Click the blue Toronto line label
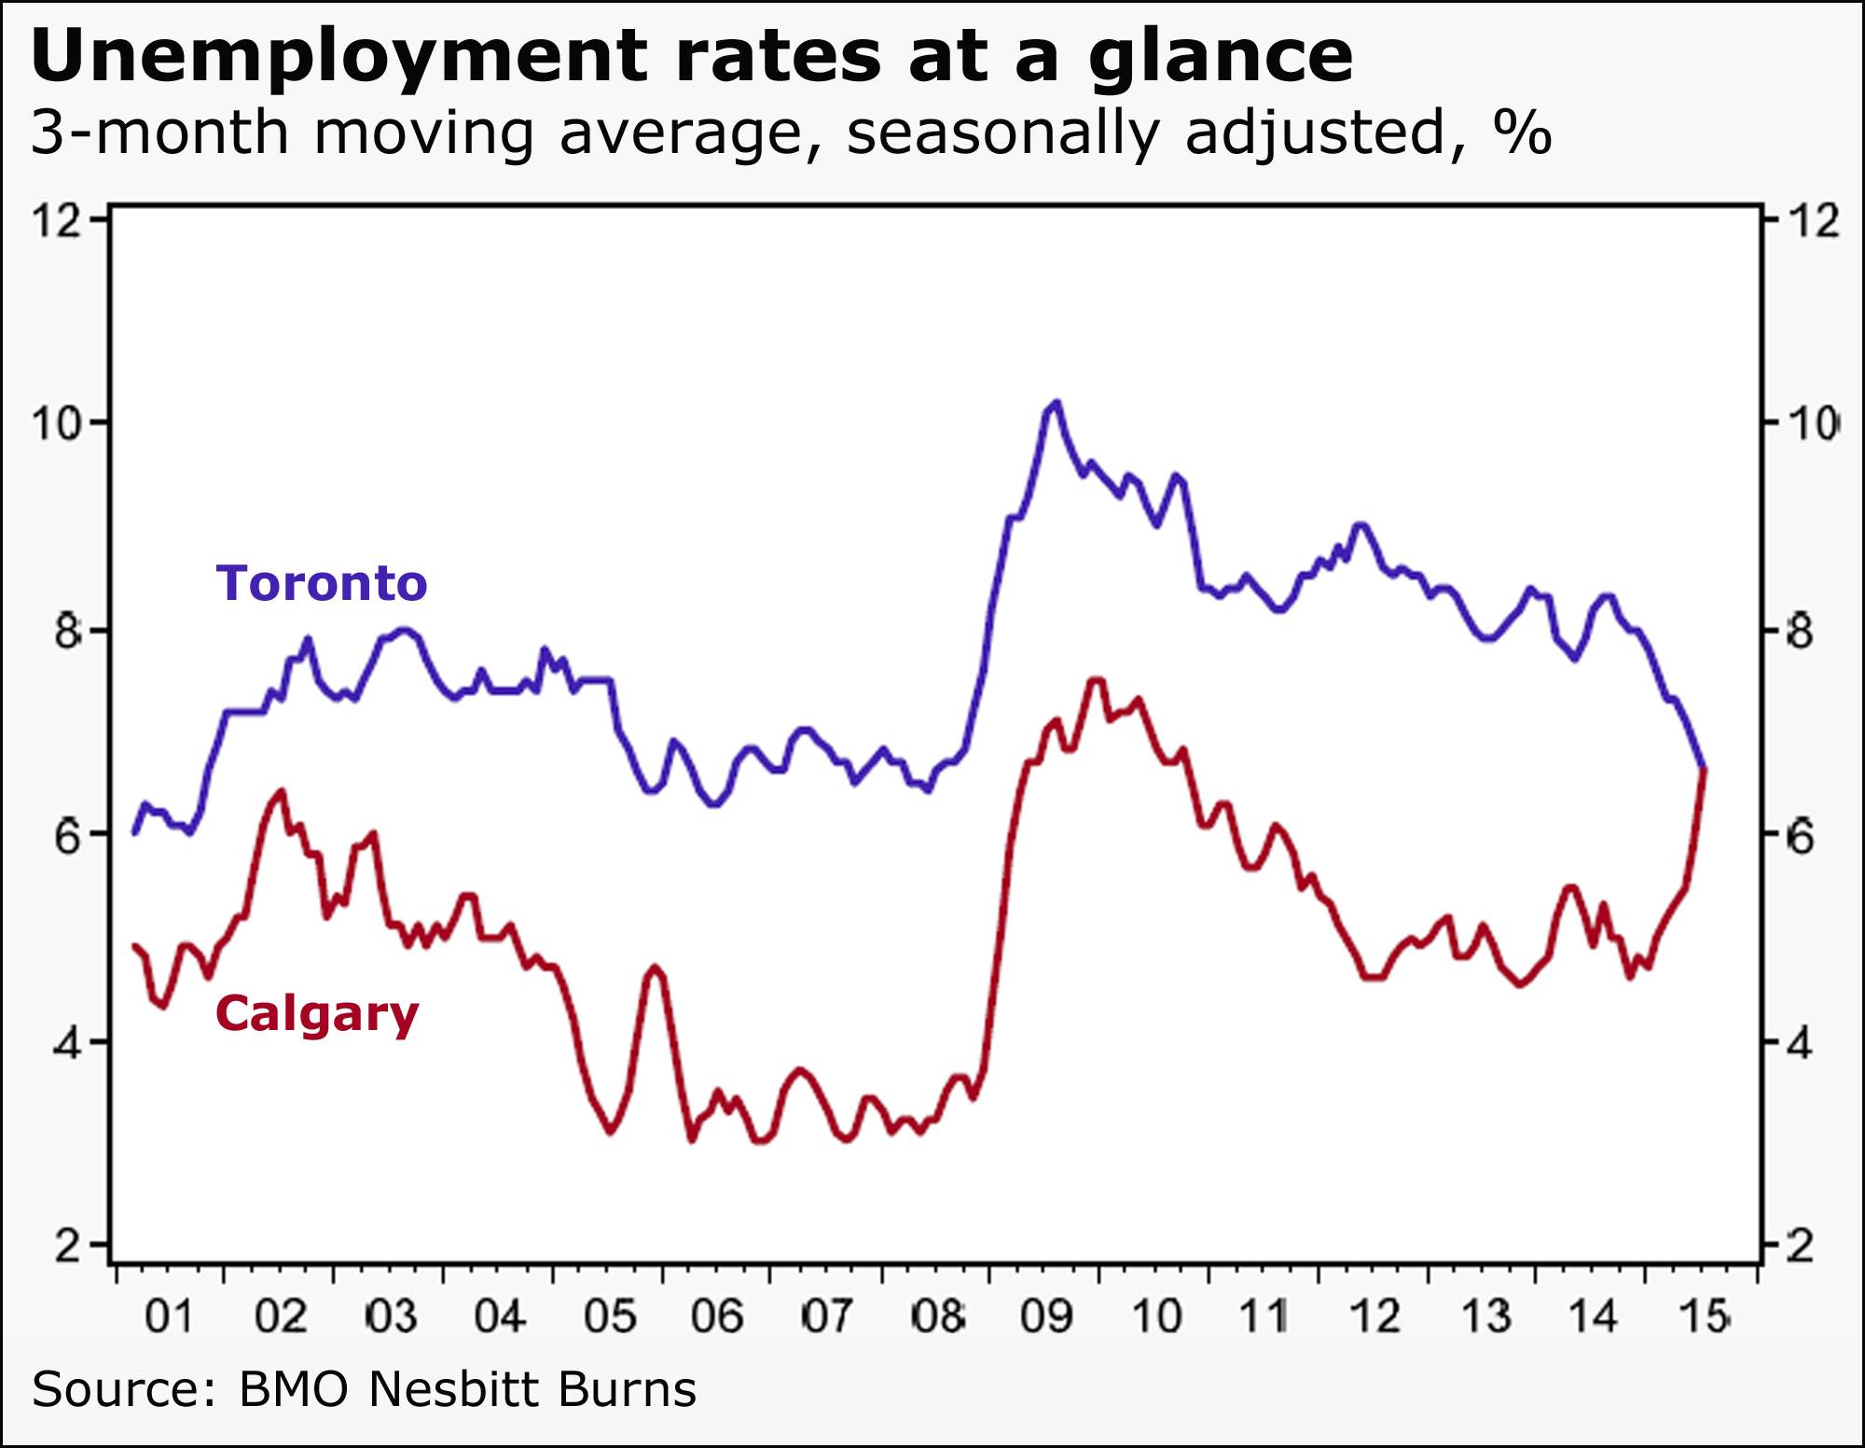(x=322, y=583)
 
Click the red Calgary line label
(x=317, y=1013)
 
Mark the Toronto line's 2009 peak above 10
(x=1056, y=402)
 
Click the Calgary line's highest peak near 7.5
(x=1097, y=680)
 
